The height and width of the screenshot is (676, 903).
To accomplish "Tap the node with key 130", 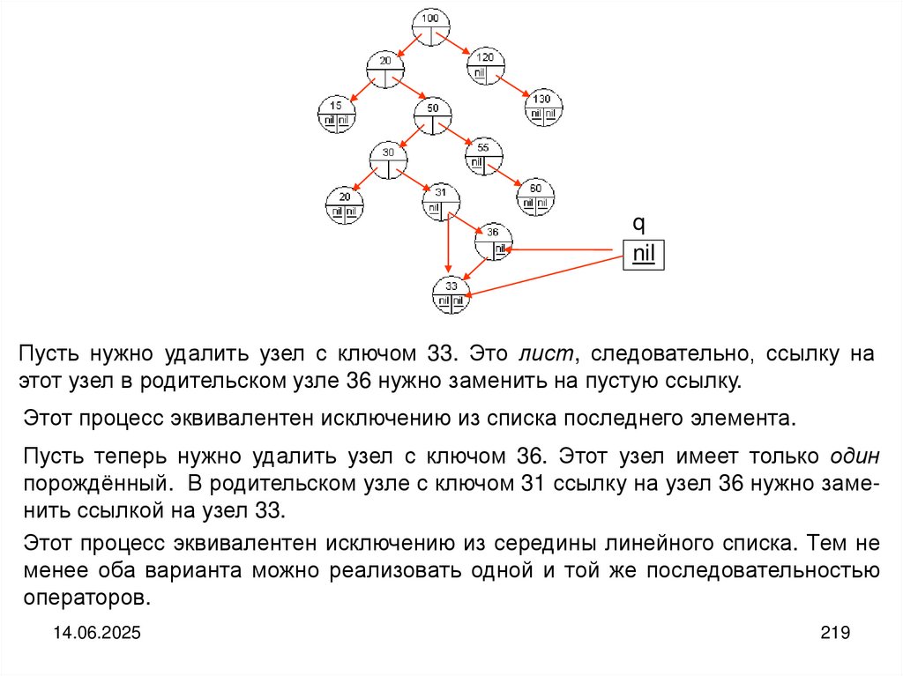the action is pos(543,106).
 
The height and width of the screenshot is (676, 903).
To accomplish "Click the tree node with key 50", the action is pos(432,115).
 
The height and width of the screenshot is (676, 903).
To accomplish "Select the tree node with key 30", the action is pos(388,160).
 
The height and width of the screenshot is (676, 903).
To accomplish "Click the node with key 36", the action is pos(492,241).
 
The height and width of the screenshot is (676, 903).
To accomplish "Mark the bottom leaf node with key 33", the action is pos(451,294).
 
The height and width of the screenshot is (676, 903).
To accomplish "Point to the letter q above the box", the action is pos(643,224).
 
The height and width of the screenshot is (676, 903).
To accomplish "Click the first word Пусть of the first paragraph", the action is pos(49,354).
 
